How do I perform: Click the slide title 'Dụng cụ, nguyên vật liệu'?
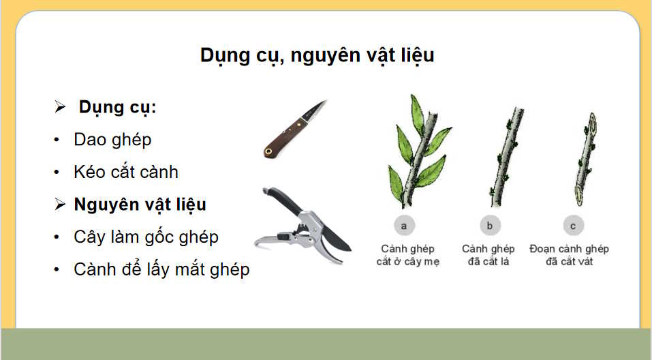coord(317,55)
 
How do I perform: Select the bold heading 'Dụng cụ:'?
coord(117,108)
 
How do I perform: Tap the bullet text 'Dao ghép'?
coord(112,140)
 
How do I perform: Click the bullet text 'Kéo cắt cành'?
coord(126,172)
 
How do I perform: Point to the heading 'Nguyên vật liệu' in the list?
coord(140,205)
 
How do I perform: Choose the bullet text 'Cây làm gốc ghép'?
coord(146,237)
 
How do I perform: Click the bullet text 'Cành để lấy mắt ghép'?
coord(161,269)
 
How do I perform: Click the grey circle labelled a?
coord(404,225)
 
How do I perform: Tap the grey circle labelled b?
coord(489,225)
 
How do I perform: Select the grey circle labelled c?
coord(573,225)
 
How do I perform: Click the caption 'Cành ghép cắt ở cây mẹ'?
coord(407,255)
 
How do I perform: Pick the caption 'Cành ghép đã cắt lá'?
coord(488,255)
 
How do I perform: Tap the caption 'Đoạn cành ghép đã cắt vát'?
coord(569,255)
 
